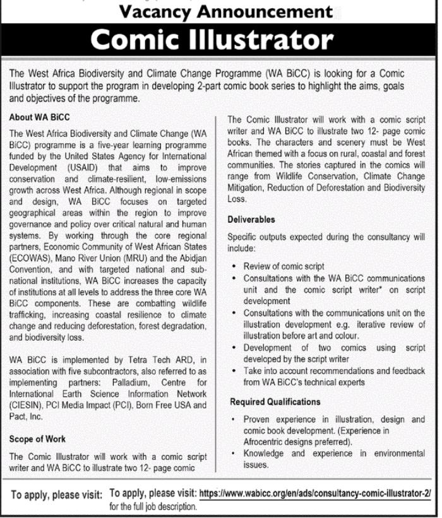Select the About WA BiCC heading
tap(40, 117)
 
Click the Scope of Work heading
tap(37, 439)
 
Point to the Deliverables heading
tap(251, 220)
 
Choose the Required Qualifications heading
tap(275, 401)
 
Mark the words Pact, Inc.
tap(26, 416)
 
